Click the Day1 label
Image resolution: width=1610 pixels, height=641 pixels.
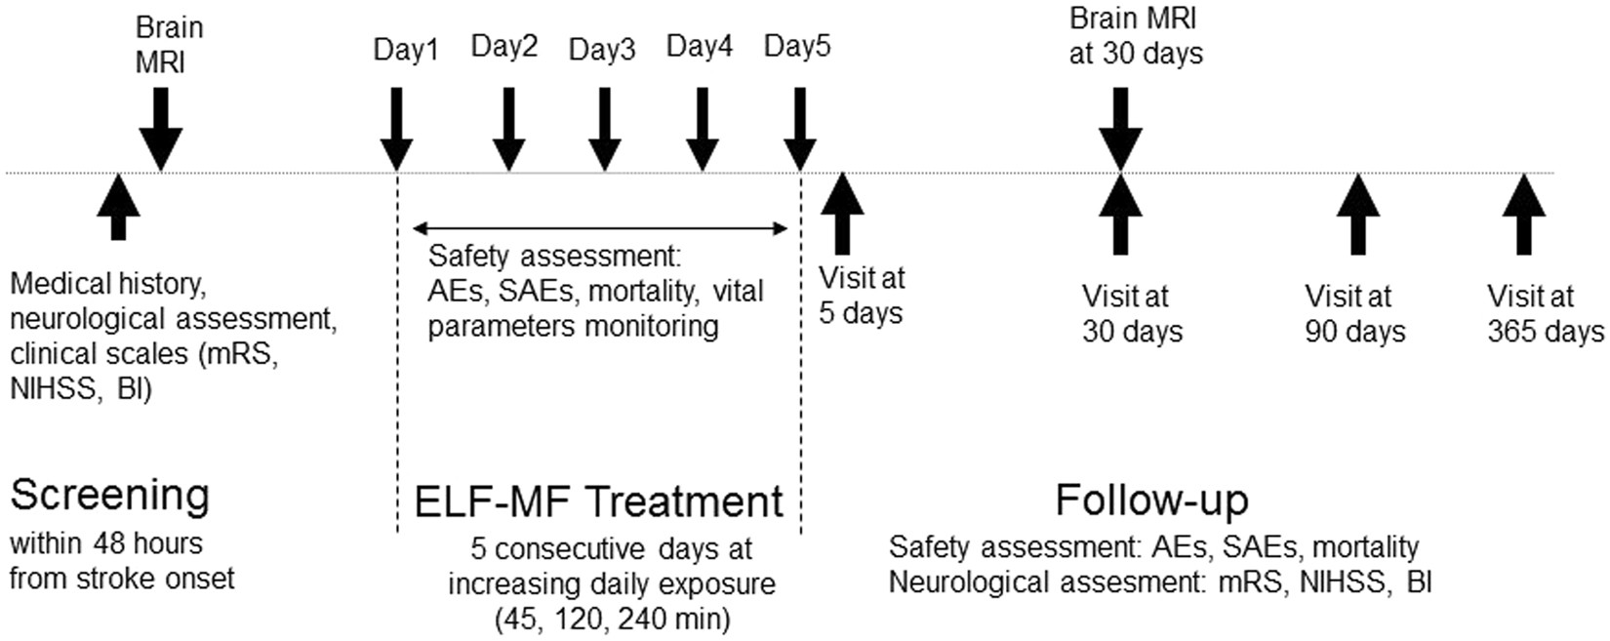click(x=406, y=50)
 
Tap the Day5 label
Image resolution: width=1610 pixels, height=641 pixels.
click(x=797, y=46)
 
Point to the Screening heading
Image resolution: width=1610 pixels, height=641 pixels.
click(x=109, y=496)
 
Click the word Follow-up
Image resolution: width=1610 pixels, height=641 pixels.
click(x=1151, y=501)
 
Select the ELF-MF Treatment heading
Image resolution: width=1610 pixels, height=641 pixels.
click(x=598, y=502)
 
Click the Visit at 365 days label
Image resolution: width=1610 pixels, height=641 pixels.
click(x=1545, y=313)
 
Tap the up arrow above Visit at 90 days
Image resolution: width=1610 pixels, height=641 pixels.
click(x=1357, y=215)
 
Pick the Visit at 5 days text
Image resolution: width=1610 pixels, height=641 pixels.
click(x=862, y=296)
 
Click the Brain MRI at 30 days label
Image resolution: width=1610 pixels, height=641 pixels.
click(x=1135, y=35)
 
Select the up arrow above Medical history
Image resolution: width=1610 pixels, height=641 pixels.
click(x=118, y=207)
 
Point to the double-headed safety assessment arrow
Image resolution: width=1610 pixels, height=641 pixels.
click(x=599, y=229)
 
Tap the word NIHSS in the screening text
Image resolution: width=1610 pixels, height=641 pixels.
click(x=53, y=389)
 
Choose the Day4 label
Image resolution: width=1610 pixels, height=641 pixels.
click(x=699, y=46)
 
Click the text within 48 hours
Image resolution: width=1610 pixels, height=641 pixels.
click(x=106, y=543)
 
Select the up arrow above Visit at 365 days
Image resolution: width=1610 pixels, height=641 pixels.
click(x=1524, y=215)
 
